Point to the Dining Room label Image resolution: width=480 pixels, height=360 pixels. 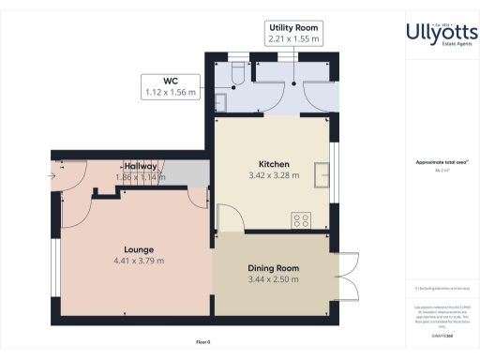[273, 268]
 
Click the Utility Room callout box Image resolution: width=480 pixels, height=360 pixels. [293, 34]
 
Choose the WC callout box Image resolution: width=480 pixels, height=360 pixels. [170, 87]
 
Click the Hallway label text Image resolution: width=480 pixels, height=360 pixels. [140, 166]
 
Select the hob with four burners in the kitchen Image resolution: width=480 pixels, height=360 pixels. [303, 220]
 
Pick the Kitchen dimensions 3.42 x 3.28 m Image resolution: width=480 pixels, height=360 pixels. [273, 174]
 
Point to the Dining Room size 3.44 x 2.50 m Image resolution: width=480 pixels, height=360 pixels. [273, 279]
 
